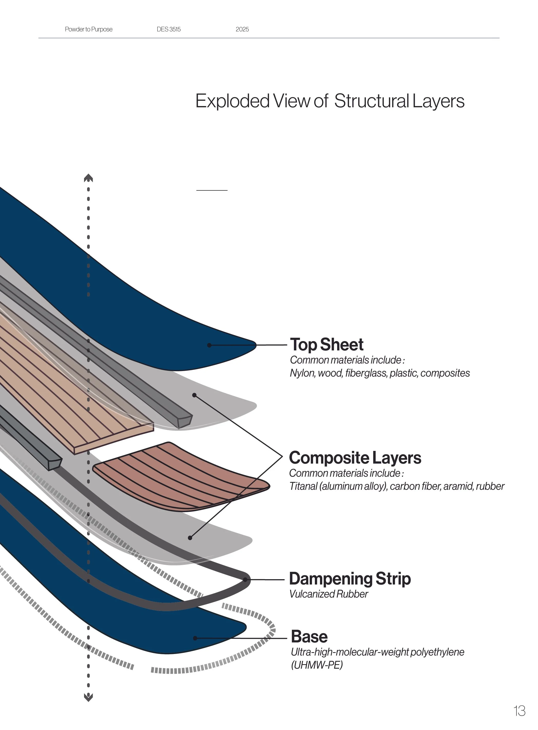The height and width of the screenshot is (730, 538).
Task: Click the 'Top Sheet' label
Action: tap(327, 344)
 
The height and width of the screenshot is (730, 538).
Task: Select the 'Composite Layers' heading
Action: tap(355, 458)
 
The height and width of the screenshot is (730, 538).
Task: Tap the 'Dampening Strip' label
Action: tap(350, 579)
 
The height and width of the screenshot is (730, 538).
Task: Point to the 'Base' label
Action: tap(309, 637)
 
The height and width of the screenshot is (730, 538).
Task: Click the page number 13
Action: tap(520, 711)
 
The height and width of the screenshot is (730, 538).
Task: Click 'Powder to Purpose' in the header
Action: tap(89, 29)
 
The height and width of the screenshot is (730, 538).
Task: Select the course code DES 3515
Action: tap(169, 29)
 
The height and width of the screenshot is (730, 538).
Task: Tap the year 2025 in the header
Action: tap(242, 29)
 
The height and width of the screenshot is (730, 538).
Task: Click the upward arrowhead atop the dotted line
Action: tap(88, 178)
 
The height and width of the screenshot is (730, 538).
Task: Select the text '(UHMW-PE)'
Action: tap(317, 665)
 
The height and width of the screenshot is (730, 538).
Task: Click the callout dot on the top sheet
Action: tap(209, 345)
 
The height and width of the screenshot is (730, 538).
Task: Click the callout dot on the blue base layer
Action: tap(195, 638)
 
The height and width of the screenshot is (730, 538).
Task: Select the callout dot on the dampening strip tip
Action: tap(245, 580)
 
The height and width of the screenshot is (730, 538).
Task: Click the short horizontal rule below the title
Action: tap(212, 190)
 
